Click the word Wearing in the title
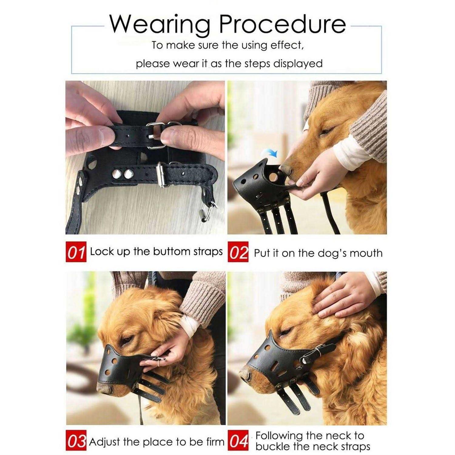coord(160,24)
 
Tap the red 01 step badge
coord(76,252)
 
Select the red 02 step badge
coord(238,252)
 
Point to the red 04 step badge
coord(238,441)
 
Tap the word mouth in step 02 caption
coord(366,253)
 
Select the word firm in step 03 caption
coord(215,442)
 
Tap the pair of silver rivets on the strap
coord(123,174)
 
